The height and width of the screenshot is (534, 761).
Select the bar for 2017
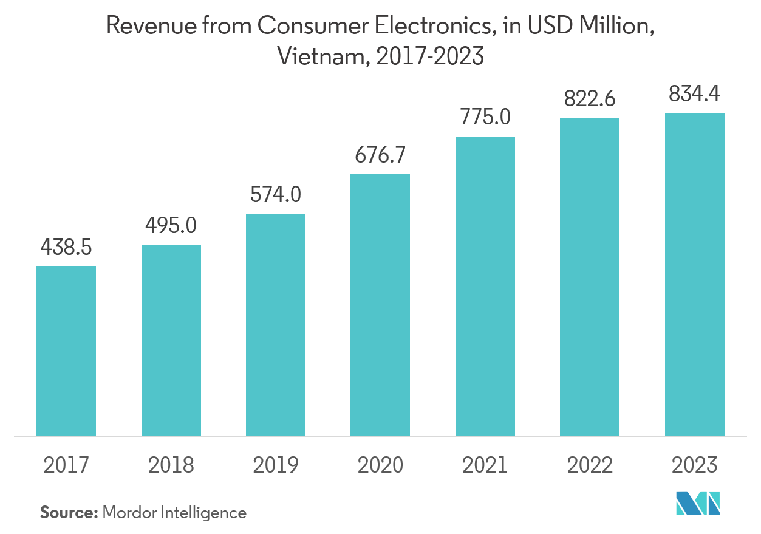[66, 351]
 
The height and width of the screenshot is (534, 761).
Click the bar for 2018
[171, 340]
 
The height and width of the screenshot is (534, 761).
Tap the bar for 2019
[276, 325]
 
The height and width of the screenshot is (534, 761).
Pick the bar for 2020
[380, 305]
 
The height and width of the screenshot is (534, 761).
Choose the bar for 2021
[485, 286]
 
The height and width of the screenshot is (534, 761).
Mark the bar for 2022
[590, 277]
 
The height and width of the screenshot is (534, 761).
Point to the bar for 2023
[695, 274]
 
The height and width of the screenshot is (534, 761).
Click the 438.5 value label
[66, 248]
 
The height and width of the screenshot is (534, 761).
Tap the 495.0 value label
[171, 226]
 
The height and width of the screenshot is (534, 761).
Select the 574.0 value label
[276, 195]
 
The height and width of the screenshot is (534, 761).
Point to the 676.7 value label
[380, 156]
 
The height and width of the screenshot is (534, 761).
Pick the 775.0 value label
[485, 117]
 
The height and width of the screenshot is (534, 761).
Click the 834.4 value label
[695, 95]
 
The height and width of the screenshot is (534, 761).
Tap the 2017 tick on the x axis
[66, 465]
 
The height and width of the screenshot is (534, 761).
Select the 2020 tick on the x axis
[380, 465]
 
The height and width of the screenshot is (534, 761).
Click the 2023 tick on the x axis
[695, 465]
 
